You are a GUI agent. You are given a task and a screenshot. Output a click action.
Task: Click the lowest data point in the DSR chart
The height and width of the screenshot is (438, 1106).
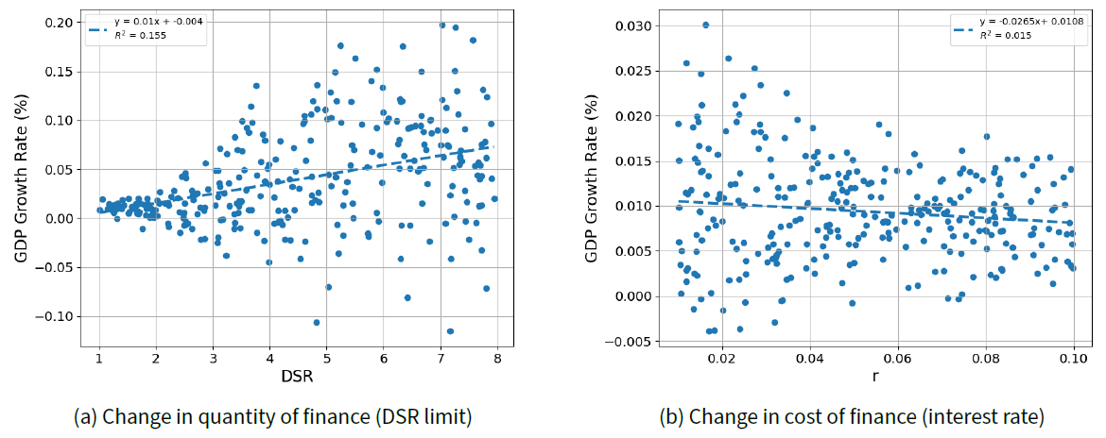pyautogui.click(x=450, y=331)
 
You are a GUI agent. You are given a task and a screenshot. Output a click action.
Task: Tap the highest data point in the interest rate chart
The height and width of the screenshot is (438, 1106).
pyautogui.click(x=705, y=25)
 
